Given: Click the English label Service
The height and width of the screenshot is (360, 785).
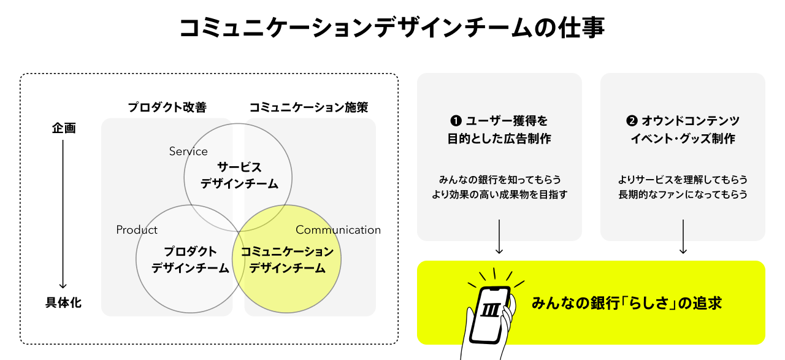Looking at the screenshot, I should pyautogui.click(x=188, y=151).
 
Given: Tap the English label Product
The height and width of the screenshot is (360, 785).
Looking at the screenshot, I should pyautogui.click(x=137, y=229).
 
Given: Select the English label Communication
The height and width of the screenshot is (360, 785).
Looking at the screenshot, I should pyautogui.click(x=338, y=229).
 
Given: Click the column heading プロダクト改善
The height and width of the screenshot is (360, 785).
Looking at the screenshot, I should pyautogui.click(x=167, y=107).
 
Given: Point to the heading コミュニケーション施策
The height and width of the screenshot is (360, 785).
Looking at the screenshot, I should pyautogui.click(x=308, y=107).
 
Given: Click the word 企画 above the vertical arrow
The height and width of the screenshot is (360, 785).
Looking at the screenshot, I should pyautogui.click(x=63, y=128).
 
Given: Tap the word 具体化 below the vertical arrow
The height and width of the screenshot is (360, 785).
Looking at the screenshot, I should pyautogui.click(x=63, y=303).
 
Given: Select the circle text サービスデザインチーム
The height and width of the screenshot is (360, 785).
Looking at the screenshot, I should pyautogui.click(x=239, y=175).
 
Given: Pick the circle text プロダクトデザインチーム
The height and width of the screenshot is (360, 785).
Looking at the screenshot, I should pyautogui.click(x=190, y=259).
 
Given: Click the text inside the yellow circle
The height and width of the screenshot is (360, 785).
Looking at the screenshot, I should pyautogui.click(x=287, y=259).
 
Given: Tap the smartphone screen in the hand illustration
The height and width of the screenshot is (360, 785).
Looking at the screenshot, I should pyautogui.click(x=492, y=313).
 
